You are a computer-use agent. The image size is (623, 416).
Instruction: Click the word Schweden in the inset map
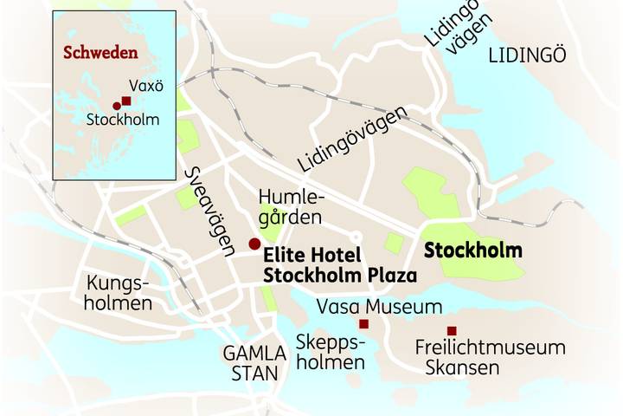coord(100,52)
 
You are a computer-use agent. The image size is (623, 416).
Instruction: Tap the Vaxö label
coord(145,86)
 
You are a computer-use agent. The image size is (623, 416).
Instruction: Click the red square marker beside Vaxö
coord(126,101)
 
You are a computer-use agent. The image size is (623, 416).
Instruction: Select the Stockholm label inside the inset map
coord(123,120)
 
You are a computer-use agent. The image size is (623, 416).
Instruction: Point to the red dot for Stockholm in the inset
coord(116,106)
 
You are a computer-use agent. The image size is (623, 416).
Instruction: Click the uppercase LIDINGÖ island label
coord(526,55)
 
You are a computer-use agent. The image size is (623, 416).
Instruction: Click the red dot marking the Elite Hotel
coord(254,244)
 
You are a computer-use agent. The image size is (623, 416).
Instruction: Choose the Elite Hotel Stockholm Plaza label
coord(339,265)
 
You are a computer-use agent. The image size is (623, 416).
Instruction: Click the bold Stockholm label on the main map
coord(473,250)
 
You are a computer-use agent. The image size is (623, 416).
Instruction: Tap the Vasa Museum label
coord(379,307)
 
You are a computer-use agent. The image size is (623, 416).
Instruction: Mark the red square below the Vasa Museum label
coord(364,324)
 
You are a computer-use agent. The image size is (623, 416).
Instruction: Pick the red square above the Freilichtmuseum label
coord(451,330)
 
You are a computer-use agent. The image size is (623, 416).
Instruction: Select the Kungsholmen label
coord(119,294)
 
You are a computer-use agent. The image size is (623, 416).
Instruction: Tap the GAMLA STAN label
coord(254,363)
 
